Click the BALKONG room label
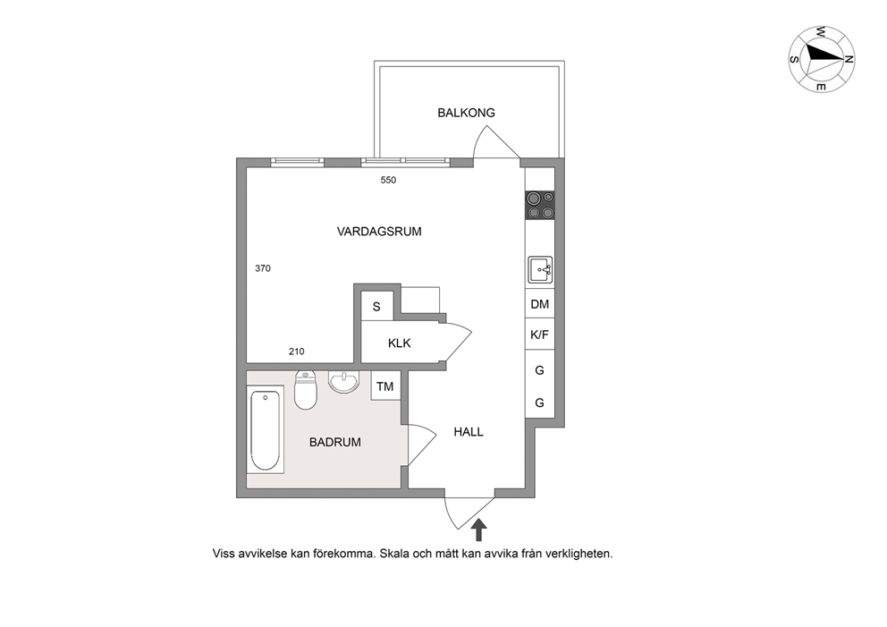(x=466, y=113)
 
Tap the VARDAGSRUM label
(x=379, y=232)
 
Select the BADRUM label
(x=335, y=442)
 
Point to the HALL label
(x=469, y=432)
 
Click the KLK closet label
(x=400, y=343)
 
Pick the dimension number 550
(x=388, y=180)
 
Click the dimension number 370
(x=263, y=268)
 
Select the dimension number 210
(x=297, y=352)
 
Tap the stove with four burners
(x=540, y=206)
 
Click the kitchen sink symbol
(x=540, y=269)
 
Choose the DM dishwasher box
(x=540, y=304)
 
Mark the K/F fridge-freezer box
(x=540, y=335)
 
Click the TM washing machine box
(x=385, y=386)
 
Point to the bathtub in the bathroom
(x=266, y=430)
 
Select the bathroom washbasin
(x=344, y=382)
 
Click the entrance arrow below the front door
(x=479, y=530)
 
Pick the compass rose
(x=822, y=59)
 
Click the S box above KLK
(x=376, y=307)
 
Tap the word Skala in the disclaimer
(x=394, y=554)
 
